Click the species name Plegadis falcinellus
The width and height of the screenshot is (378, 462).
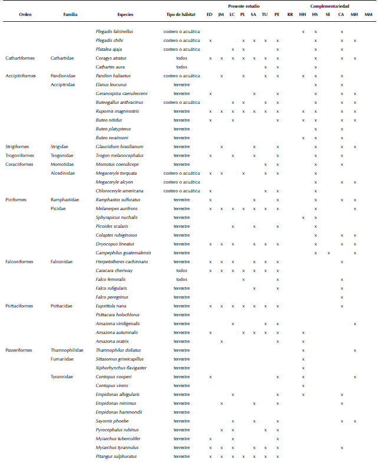[x=114, y=31]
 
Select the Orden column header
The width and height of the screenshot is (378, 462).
[x=25, y=14]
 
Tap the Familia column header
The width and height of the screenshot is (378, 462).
[x=70, y=14]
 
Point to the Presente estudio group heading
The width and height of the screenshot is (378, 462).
[x=244, y=6]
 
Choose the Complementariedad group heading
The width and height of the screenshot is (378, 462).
[x=334, y=6]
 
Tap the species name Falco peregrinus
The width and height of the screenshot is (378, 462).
[x=113, y=297]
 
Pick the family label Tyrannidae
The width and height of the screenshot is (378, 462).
[x=62, y=376]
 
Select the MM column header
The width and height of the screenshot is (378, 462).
[x=369, y=14]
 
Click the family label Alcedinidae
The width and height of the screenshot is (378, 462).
[x=63, y=173]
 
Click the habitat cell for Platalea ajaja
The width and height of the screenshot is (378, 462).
[x=182, y=49]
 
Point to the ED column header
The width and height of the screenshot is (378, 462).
[x=210, y=14]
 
